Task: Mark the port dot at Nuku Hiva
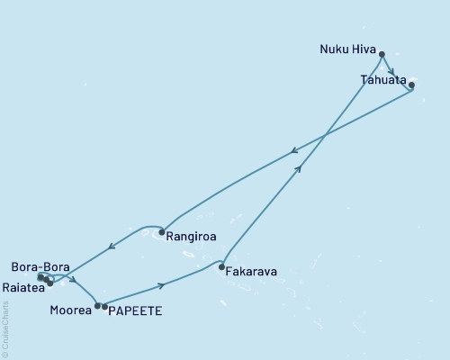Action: click(382, 54)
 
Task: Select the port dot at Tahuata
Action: click(411, 85)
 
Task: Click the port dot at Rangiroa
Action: click(161, 233)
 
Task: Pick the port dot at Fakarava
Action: click(221, 266)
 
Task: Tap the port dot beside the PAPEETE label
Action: click(105, 307)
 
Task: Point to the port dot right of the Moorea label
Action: click(97, 306)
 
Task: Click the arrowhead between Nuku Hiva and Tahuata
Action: click(392, 71)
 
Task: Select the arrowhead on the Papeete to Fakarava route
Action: click(162, 286)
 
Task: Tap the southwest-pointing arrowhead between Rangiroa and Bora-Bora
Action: click(112, 246)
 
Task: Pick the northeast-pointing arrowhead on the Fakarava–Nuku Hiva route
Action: click(298, 167)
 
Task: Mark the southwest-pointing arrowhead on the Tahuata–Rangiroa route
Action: click(295, 152)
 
